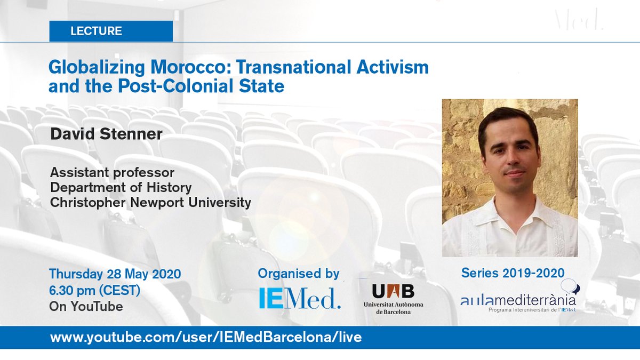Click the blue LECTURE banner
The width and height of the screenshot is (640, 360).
(x=111, y=31)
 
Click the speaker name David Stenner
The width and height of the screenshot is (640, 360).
(x=106, y=134)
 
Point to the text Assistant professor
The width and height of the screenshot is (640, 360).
(x=112, y=173)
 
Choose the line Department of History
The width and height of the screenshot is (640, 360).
(x=121, y=188)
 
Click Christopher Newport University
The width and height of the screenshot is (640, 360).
(x=150, y=203)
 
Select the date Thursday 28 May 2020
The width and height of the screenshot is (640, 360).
(x=115, y=274)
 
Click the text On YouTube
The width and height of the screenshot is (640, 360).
(x=86, y=306)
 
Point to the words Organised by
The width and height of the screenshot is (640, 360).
(x=299, y=274)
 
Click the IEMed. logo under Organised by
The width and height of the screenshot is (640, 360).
(x=300, y=299)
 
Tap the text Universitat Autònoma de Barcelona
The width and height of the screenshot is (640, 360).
(x=394, y=308)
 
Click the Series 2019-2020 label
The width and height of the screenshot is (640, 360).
(x=513, y=273)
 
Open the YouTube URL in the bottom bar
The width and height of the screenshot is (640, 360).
(x=206, y=338)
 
